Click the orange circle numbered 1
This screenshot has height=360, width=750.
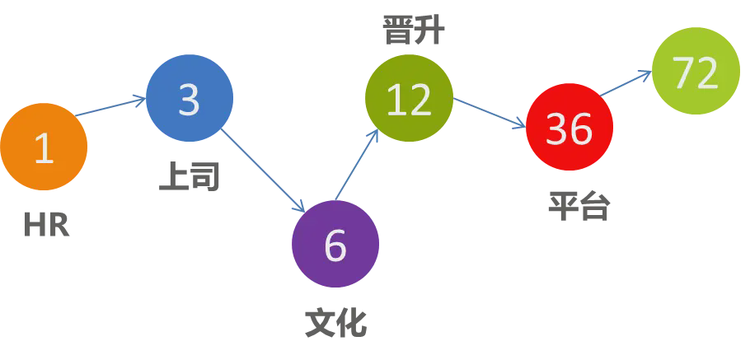[44, 147]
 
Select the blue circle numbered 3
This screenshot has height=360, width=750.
[190, 98]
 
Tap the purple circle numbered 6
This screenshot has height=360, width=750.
[335, 244]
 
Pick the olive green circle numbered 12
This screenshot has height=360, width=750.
[409, 98]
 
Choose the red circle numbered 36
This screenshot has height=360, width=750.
[570, 127]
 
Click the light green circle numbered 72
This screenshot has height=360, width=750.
[696, 72]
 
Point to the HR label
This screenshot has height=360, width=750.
[47, 224]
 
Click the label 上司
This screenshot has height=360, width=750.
[190, 175]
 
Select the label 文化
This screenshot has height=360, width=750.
[335, 321]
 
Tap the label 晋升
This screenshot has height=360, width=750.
[413, 31]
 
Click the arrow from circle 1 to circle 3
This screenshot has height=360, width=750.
[111, 108]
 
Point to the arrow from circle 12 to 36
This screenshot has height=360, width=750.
[490, 113]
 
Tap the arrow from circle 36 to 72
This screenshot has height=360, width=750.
[625, 84]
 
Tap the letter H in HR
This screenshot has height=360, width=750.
[35, 224]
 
